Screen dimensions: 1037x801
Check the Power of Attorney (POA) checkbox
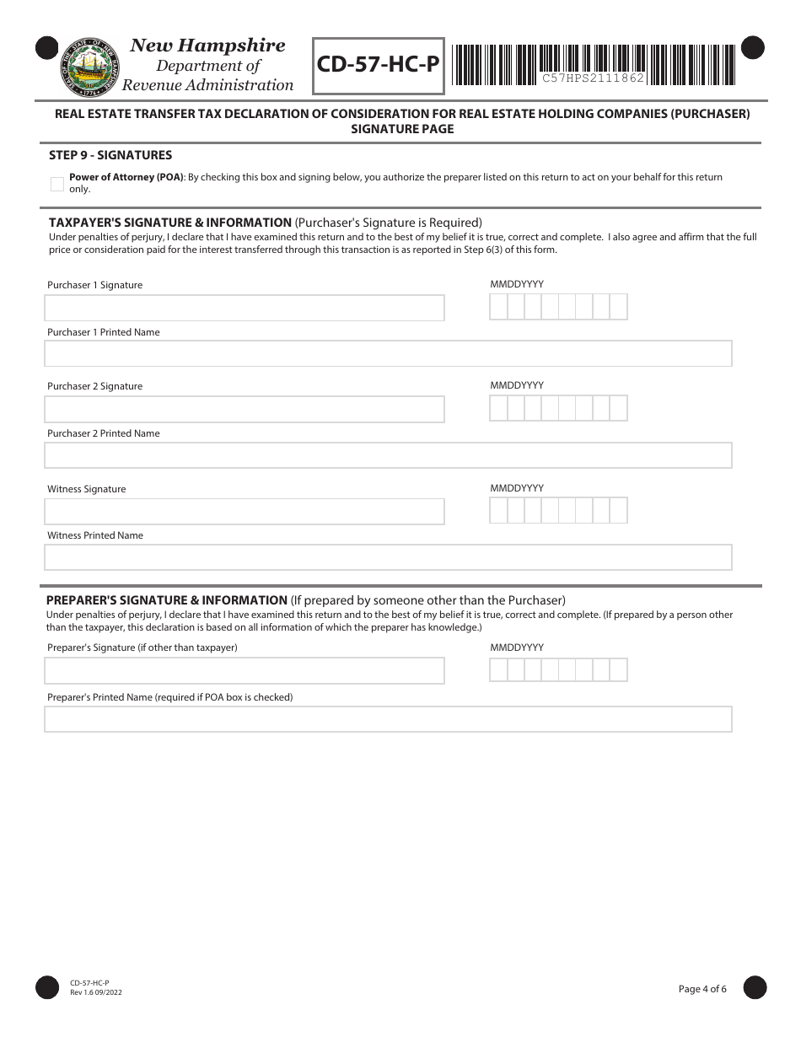[57, 184]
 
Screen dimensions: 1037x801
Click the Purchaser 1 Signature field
[244, 308]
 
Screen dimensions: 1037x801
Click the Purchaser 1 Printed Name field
[388, 353]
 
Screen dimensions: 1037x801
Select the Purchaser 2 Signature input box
[244, 409]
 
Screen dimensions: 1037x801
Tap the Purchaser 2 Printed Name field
[388, 455]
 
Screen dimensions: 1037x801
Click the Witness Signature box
[244, 511]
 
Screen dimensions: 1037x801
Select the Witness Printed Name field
[388, 557]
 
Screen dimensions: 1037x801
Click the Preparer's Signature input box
[244, 670]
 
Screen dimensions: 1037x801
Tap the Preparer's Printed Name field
[388, 719]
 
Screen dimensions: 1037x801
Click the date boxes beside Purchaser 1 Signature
[558, 307]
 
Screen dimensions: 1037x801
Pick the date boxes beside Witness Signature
[558, 510]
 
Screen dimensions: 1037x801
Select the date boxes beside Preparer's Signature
[558, 669]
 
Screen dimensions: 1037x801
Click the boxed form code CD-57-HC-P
[379, 65]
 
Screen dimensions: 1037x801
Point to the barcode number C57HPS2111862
[593, 78]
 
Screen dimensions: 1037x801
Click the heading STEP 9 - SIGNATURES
[110, 155]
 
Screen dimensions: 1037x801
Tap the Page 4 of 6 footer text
[702, 989]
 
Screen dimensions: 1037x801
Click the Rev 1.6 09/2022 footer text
[91, 992]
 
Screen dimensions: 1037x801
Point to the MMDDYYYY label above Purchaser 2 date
[517, 385]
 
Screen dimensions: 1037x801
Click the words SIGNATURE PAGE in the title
[402, 129]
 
